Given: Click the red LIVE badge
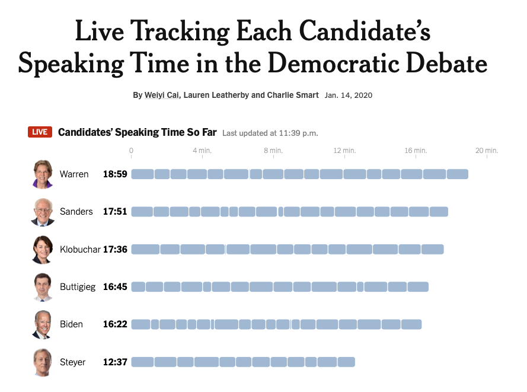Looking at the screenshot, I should pyautogui.click(x=40, y=132).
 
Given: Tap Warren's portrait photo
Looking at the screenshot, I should pyautogui.click(x=43, y=174).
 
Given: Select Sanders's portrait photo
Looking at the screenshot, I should pyautogui.click(x=43, y=212).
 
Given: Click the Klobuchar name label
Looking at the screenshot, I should pyautogui.click(x=80, y=249).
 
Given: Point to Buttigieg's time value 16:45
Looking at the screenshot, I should pyautogui.click(x=115, y=287).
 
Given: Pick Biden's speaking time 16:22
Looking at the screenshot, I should pyautogui.click(x=115, y=324).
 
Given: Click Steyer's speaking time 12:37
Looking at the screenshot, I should pyautogui.click(x=115, y=362).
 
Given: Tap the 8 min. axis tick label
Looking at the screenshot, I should pyautogui.click(x=273, y=151).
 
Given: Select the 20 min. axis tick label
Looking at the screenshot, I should pyautogui.click(x=487, y=151).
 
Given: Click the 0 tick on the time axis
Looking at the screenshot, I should pyautogui.click(x=131, y=151).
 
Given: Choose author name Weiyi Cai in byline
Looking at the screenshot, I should pyautogui.click(x=162, y=95).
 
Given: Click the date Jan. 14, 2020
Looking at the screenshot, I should pyautogui.click(x=349, y=95).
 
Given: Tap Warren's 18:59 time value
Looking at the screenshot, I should pyautogui.click(x=115, y=174).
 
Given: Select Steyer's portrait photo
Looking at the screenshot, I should pyautogui.click(x=43, y=362).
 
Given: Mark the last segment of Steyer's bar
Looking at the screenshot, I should pyautogui.click(x=347, y=362).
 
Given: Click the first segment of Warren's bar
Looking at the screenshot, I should pyautogui.click(x=142, y=174).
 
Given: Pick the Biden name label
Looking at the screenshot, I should pyautogui.click(x=71, y=324).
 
